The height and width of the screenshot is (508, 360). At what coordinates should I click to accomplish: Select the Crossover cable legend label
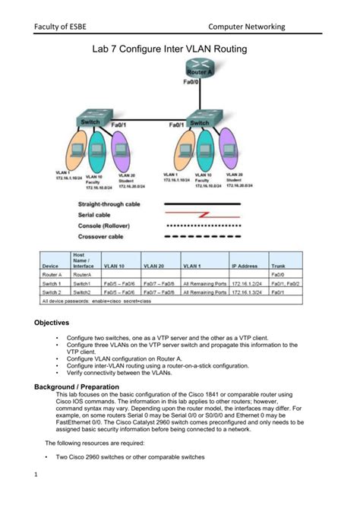pos(103,236)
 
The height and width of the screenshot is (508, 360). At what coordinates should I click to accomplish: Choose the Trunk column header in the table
pos(279,267)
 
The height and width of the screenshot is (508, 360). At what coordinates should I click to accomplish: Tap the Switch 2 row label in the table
pos(52,292)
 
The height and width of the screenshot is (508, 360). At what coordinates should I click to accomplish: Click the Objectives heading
pos(52,323)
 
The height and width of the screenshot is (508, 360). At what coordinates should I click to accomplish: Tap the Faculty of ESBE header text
pos(59,27)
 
